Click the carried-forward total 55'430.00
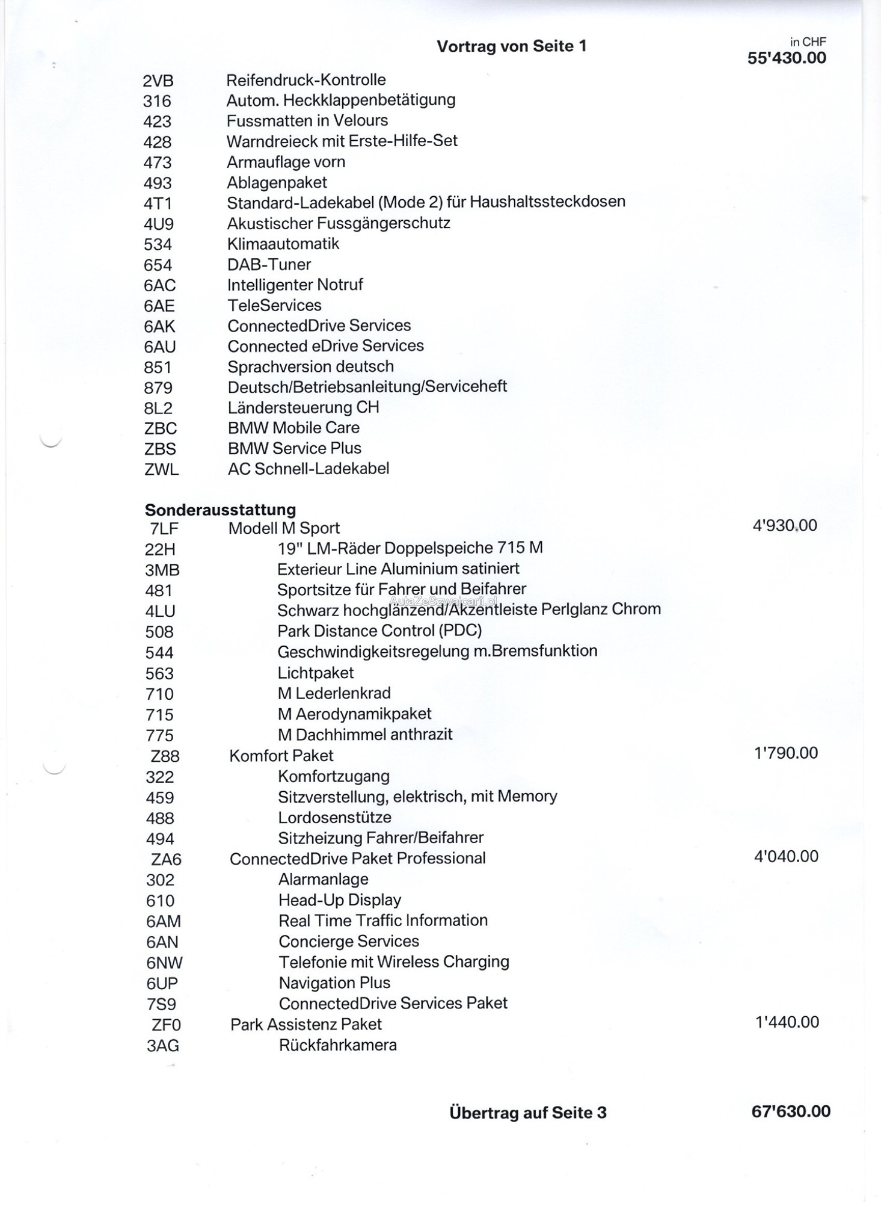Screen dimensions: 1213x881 click(787, 58)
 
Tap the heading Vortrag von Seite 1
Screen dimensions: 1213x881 click(511, 46)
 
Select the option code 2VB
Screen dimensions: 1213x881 click(158, 81)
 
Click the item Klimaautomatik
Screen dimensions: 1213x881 click(283, 244)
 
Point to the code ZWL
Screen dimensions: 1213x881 click(161, 469)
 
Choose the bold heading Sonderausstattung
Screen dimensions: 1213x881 click(220, 510)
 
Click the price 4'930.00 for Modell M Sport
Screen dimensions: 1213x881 click(785, 526)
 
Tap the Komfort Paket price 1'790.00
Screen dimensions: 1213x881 click(786, 753)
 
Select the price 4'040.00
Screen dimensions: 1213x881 click(786, 856)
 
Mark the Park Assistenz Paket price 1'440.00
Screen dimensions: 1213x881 click(787, 1022)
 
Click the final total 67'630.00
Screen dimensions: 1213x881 click(791, 1111)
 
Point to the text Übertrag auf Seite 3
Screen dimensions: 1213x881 click(527, 1113)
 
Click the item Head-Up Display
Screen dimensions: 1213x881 click(340, 900)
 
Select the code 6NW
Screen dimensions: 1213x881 click(164, 963)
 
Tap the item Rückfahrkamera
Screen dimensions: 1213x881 click(337, 1045)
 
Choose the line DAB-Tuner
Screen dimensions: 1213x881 click(269, 265)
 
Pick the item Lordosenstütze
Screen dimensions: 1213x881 click(334, 818)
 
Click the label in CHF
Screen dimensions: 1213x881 click(808, 42)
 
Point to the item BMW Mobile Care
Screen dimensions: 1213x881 click(293, 428)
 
